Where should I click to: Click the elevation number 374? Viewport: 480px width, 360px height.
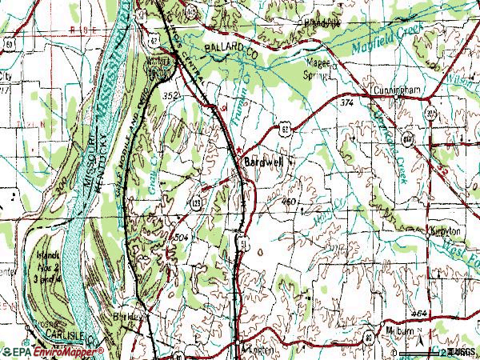pyautogui.click(x=346, y=103)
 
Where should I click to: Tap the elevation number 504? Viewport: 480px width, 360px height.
pyautogui.click(x=182, y=238)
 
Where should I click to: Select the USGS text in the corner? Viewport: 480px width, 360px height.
pyautogui.click(x=462, y=352)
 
